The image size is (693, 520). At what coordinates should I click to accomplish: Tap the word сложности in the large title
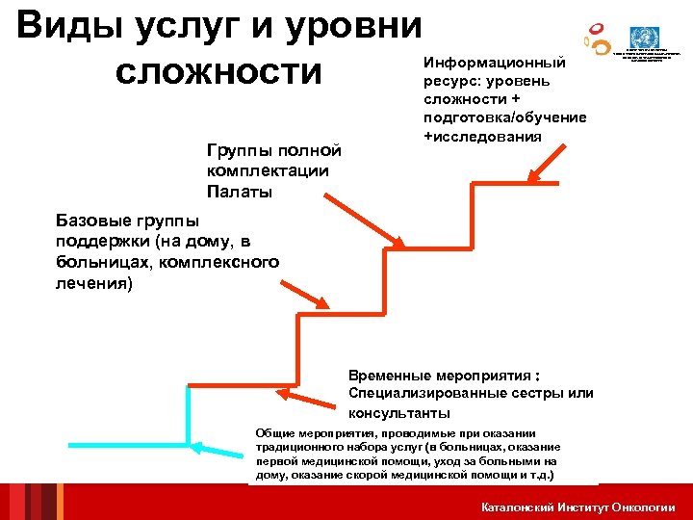coord(218,72)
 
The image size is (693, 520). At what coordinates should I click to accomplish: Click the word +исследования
coord(482,136)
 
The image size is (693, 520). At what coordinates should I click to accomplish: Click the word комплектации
coord(268,171)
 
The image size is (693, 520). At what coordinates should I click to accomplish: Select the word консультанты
coord(398,413)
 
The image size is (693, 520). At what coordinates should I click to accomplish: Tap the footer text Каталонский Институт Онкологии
coord(577,507)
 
